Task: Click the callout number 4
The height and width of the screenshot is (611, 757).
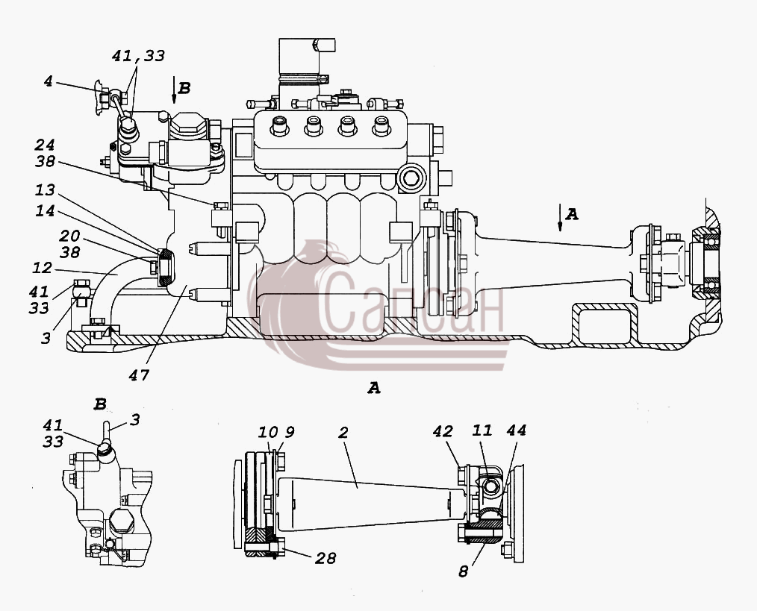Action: (x=48, y=81)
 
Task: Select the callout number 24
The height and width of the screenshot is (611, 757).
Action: (x=45, y=145)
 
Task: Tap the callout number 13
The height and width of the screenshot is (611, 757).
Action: (x=45, y=190)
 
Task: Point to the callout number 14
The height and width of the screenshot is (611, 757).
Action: (x=45, y=211)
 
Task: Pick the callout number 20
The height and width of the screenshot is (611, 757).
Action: (x=69, y=236)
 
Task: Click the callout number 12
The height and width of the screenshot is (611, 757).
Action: (x=42, y=267)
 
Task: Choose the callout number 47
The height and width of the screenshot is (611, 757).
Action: (x=139, y=375)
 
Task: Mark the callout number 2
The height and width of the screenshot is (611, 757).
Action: (x=343, y=433)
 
